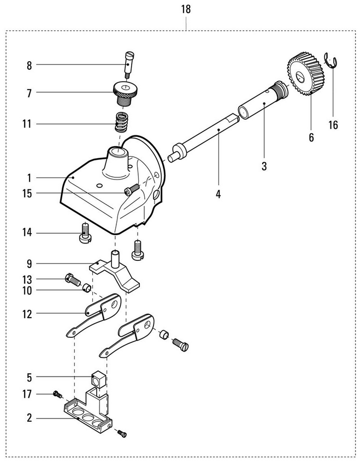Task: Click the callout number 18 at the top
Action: pyautogui.click(x=186, y=9)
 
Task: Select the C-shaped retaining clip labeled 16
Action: pyautogui.click(x=331, y=60)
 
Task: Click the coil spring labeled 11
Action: pyautogui.click(x=121, y=122)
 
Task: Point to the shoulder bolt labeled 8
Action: pyautogui.click(x=128, y=64)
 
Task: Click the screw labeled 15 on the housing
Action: pyautogui.click(x=132, y=189)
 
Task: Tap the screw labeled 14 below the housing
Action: pyautogui.click(x=85, y=234)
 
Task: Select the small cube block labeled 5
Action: pyautogui.click(x=99, y=379)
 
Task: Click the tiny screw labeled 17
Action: pyautogui.click(x=57, y=394)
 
